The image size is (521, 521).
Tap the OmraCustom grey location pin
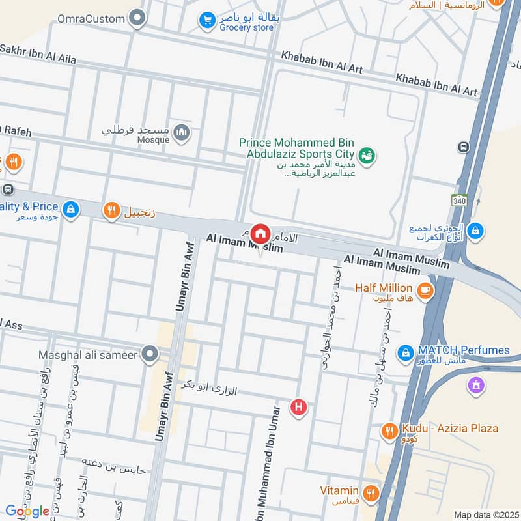click(x=137, y=18)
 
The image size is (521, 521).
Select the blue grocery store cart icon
click(x=207, y=21)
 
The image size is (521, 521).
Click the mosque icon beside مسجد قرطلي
click(x=182, y=134)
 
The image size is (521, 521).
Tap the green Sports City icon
click(x=367, y=155)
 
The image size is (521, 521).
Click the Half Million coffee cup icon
click(x=425, y=291)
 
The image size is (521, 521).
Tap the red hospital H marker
click(x=299, y=408)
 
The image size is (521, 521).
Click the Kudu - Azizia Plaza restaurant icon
click(x=389, y=430)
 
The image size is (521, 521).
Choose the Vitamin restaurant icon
click(x=371, y=492)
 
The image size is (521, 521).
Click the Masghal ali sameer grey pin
click(x=150, y=354)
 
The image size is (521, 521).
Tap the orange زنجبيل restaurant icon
click(x=111, y=210)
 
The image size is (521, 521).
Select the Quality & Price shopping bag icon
click(x=71, y=210)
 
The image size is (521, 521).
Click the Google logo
click(x=27, y=511)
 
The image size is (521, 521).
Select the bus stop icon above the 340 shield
click(x=463, y=147)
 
